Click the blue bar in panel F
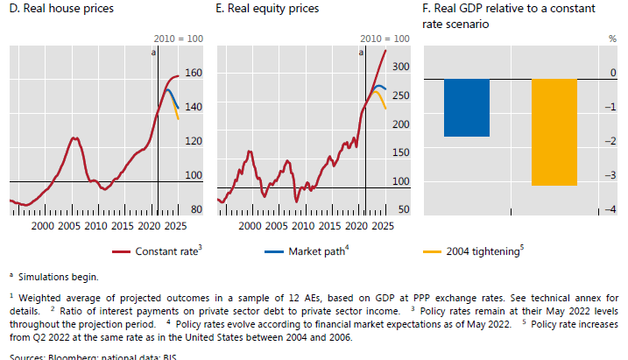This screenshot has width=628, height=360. click(x=466, y=108)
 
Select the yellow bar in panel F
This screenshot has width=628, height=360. click(x=554, y=132)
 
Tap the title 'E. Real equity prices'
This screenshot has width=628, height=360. click(x=268, y=10)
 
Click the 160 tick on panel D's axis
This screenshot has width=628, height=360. click(x=194, y=73)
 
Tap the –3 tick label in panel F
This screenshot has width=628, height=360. click(x=610, y=176)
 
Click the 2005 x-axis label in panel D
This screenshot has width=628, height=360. click(x=70, y=227)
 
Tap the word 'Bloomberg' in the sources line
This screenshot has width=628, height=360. click(x=74, y=356)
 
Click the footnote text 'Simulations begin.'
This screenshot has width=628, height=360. click(x=57, y=277)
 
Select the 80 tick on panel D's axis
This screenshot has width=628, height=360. click(x=195, y=210)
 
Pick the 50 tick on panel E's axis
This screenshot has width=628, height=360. click(x=403, y=210)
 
